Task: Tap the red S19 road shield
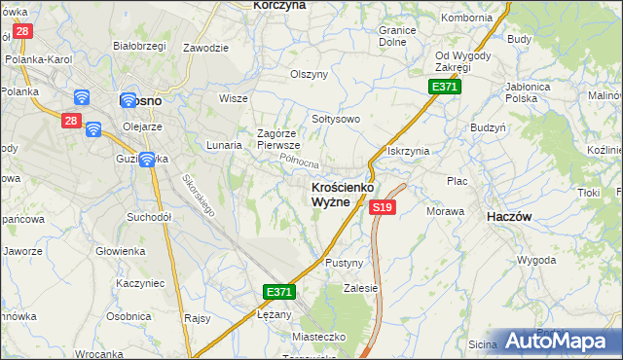point(383,207)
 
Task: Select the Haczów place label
point(508,218)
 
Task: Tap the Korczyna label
point(279,5)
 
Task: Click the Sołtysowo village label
point(336,119)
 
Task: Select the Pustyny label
point(344,264)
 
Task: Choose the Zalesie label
point(360,288)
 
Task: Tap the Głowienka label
point(120,251)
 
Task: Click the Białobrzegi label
point(136,45)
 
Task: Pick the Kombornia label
point(466,18)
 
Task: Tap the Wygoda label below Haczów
point(536,261)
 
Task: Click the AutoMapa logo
point(561,342)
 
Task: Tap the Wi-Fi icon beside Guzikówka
point(147,160)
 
